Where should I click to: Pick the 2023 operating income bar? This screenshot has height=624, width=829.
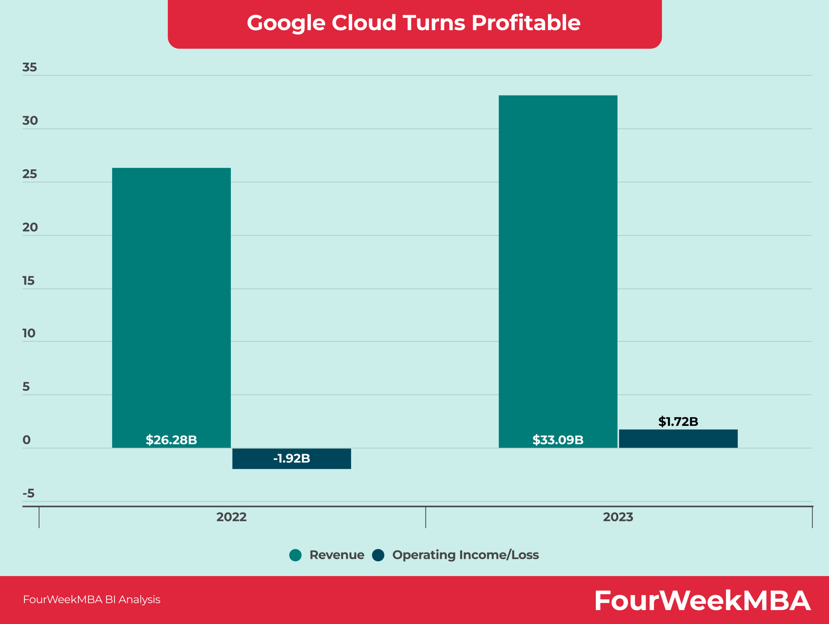pyautogui.click(x=678, y=438)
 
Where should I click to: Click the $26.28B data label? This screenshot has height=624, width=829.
pyautogui.click(x=171, y=440)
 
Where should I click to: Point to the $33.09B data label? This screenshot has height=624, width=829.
pyautogui.click(x=558, y=440)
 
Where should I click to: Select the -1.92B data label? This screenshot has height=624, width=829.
pyautogui.click(x=291, y=458)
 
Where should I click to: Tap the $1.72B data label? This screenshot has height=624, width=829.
pyautogui.click(x=678, y=421)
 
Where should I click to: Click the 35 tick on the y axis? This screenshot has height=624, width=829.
pyautogui.click(x=29, y=67)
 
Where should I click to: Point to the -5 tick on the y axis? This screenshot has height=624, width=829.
pyautogui.click(x=28, y=493)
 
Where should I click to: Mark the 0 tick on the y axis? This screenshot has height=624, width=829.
pyautogui.click(x=26, y=440)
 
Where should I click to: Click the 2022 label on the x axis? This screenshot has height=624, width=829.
pyautogui.click(x=231, y=517)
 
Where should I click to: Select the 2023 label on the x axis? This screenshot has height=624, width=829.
pyautogui.click(x=618, y=517)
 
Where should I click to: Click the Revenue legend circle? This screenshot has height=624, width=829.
pyautogui.click(x=295, y=555)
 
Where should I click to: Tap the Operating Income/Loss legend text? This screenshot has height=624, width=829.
pyautogui.click(x=465, y=555)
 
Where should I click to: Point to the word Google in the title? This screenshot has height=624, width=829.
pyautogui.click(x=286, y=23)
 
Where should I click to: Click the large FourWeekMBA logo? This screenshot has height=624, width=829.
pyautogui.click(x=702, y=600)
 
